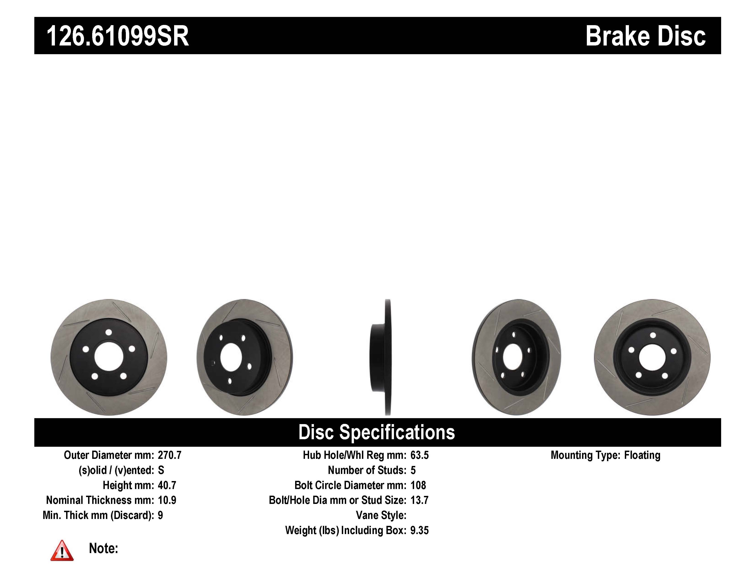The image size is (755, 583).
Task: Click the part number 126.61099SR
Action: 118,36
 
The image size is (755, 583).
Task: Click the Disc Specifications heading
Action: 376,432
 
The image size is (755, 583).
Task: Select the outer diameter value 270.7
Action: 169,455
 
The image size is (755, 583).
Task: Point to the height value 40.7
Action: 167,485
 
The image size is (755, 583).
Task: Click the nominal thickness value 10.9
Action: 167,500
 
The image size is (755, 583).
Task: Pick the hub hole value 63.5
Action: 419,455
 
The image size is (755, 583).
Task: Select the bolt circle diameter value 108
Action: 418,485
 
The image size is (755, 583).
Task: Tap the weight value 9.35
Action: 419,530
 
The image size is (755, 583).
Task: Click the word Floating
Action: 642,455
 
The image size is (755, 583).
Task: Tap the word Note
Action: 103,548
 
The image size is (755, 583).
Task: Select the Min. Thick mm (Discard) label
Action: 98,515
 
